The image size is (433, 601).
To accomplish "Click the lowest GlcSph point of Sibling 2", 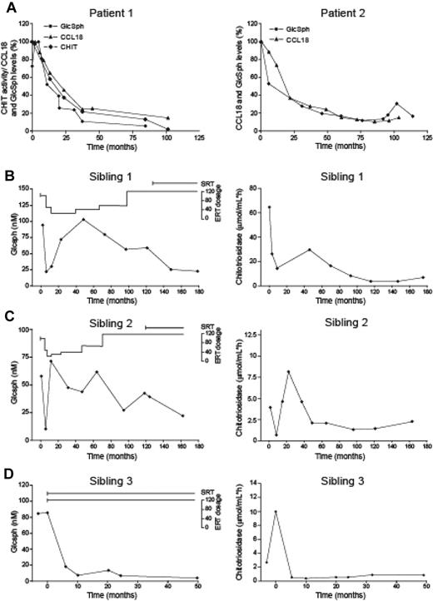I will tap(45, 430).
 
